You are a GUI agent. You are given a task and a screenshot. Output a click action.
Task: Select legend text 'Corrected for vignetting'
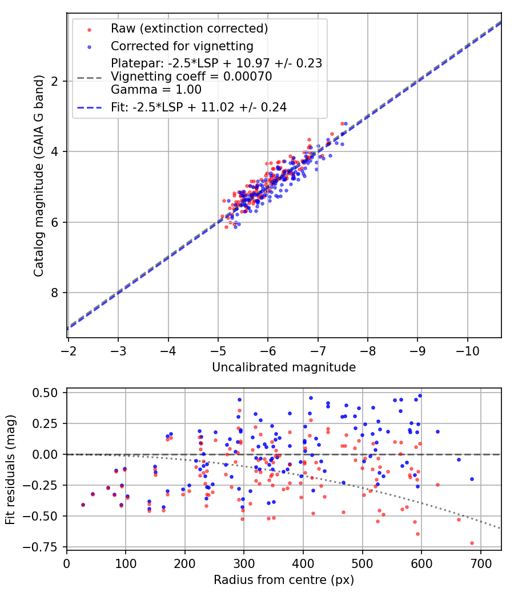[182, 46]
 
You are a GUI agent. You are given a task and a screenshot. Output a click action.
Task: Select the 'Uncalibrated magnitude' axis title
[284, 367]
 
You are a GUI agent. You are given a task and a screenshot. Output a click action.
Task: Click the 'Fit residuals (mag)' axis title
[10, 468]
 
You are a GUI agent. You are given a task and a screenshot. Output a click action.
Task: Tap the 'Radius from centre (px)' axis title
[284, 579]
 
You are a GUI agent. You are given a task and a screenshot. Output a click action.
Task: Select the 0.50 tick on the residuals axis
[48, 393]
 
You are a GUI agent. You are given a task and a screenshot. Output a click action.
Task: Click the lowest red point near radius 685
[472, 543]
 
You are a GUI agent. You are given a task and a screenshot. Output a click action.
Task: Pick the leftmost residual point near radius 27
[83, 505]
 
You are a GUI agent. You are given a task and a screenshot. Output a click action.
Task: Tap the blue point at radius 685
[472, 479]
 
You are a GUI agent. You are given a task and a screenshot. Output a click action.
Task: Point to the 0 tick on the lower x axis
[67, 562]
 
